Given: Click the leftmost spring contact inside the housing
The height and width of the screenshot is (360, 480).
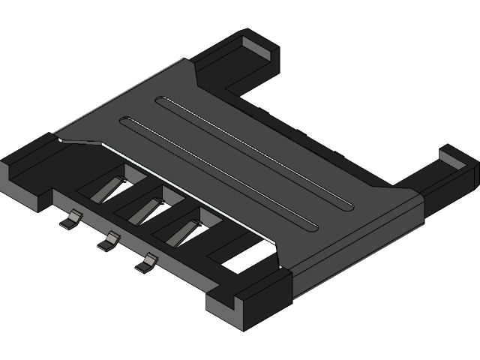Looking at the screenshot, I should (x=106, y=190).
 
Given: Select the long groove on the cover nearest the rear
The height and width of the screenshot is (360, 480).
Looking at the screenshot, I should (x=255, y=150).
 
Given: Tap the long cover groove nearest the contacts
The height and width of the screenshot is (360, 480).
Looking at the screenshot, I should (x=217, y=172).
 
